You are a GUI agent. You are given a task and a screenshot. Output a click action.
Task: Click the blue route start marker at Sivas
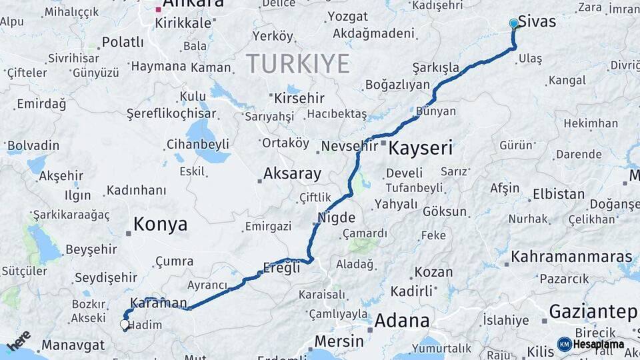point(513,23)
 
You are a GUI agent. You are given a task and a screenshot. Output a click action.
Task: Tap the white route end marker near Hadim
point(125,325)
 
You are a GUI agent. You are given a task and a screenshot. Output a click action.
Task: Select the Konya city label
point(160,225)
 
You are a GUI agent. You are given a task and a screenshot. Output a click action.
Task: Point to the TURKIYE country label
point(298,64)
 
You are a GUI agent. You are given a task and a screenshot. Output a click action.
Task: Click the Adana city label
point(401,321)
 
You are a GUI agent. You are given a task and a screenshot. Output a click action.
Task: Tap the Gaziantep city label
point(593,311)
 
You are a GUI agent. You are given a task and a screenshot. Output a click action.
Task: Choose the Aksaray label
point(292,174)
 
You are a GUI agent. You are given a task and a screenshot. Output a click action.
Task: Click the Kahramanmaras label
point(571,257)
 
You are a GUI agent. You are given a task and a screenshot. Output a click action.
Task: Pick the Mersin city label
point(339,341)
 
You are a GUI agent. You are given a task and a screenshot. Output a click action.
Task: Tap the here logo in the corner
point(19,340)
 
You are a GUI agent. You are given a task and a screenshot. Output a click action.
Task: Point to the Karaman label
point(159,303)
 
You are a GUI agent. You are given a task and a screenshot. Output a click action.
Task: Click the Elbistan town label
point(559,195)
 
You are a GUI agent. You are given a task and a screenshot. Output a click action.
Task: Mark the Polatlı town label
point(123,43)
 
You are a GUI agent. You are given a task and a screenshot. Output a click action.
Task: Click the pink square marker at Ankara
point(158,10)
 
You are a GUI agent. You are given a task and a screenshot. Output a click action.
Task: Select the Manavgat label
point(73,345)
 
